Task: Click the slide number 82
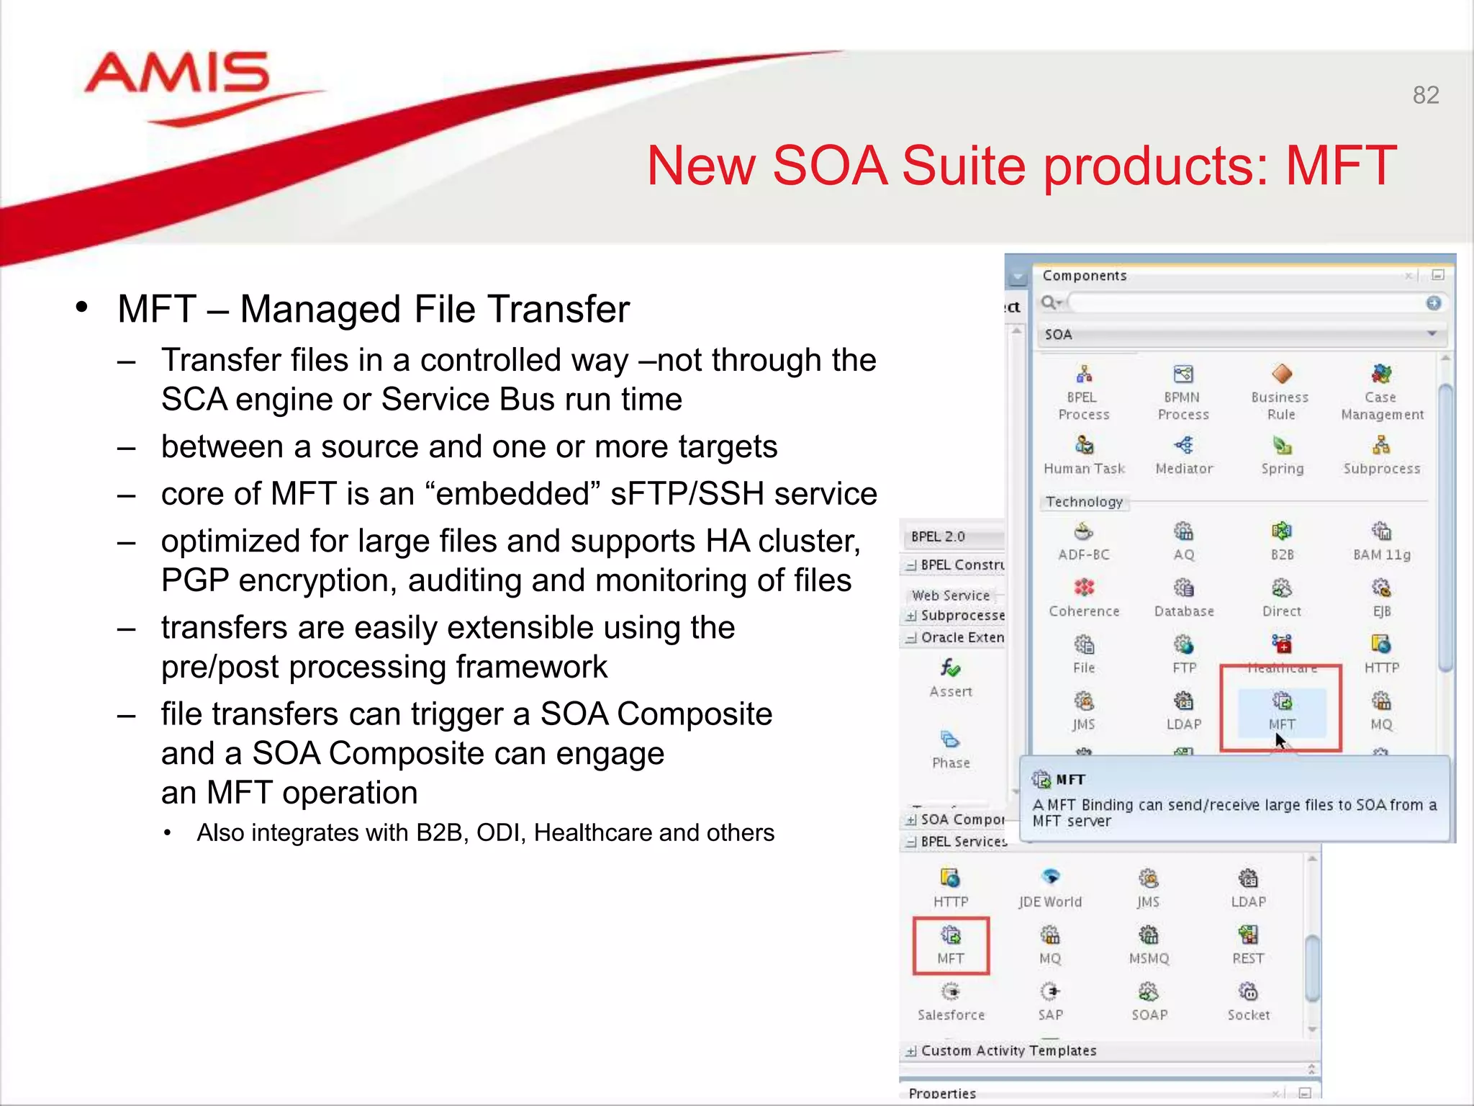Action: pos(1425,95)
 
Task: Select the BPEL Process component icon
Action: pos(1084,374)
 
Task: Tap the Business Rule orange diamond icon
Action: pos(1282,374)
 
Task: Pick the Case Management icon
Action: pos(1381,374)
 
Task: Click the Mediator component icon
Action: pos(1184,446)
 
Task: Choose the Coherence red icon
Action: pos(1084,588)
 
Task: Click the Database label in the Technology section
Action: pos(1184,611)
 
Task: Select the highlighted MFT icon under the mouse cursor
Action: pos(1282,701)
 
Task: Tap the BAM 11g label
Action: pos(1382,555)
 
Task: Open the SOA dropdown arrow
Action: pos(1432,334)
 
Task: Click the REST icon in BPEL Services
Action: pos(1248,935)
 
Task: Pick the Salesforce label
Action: pos(951,1015)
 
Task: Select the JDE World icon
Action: pos(1051,877)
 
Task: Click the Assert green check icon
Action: pos(951,668)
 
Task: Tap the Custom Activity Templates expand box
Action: pos(911,1052)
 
